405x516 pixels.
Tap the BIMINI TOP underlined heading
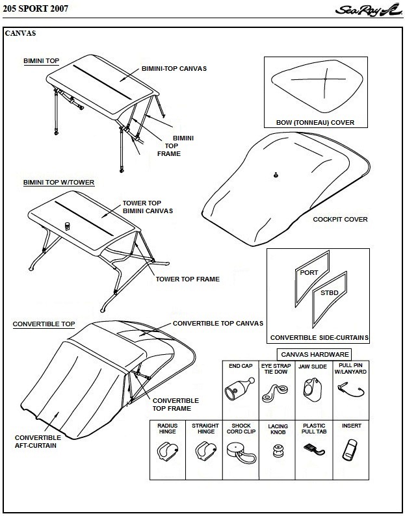(41, 60)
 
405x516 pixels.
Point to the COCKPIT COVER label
(340, 219)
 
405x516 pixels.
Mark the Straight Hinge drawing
(203, 449)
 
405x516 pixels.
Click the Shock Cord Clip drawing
(239, 450)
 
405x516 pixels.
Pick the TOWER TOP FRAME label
(187, 279)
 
